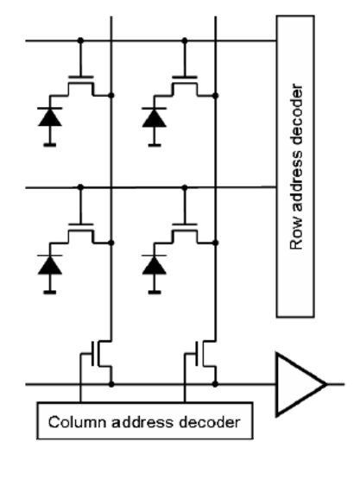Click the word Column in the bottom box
(77, 422)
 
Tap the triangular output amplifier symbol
(300, 384)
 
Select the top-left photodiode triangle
(49, 117)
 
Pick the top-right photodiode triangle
(155, 117)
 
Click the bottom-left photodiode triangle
(49, 265)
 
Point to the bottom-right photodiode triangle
(155, 265)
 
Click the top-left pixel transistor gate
(80, 77)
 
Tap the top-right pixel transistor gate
(185, 77)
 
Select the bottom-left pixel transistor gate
(80, 224)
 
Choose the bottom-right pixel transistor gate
(185, 224)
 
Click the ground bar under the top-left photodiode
(49, 145)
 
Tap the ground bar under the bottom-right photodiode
(155, 292)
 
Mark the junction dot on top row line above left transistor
(80, 41)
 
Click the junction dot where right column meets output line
(215, 384)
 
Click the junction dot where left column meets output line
(111, 384)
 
